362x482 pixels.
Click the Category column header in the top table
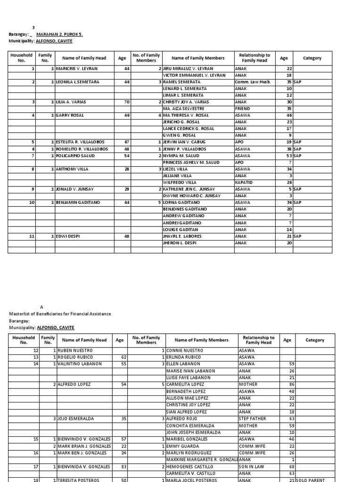tap(312, 58)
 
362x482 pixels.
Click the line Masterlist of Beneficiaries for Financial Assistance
tap(60, 314)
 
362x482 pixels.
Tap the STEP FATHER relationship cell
tap(253, 418)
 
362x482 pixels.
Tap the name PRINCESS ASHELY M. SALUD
tap(191, 162)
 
